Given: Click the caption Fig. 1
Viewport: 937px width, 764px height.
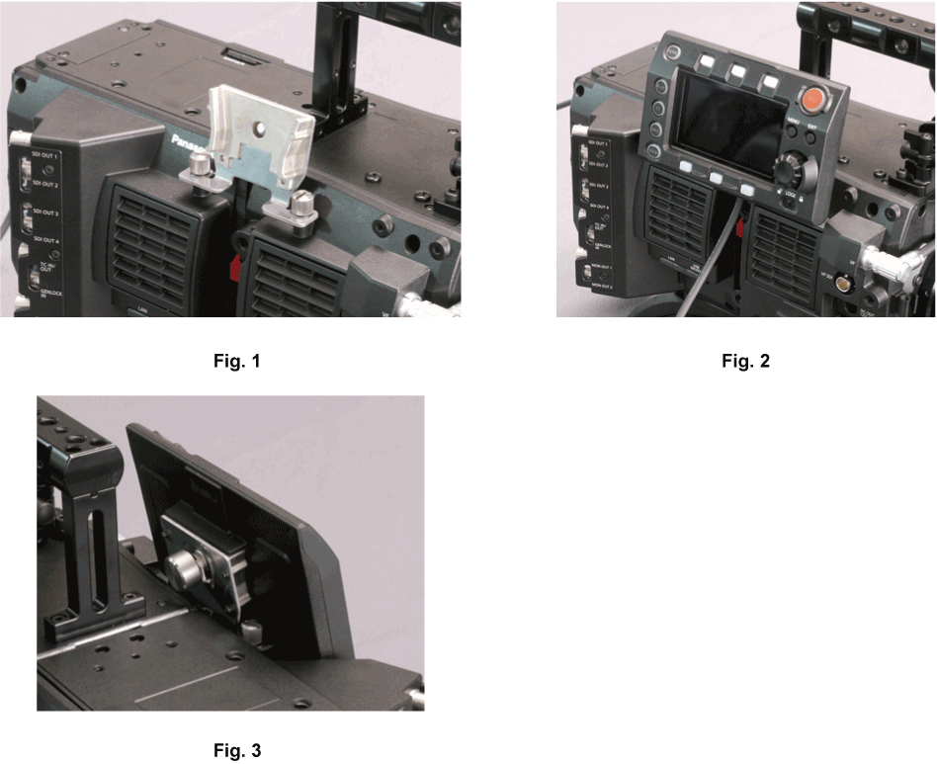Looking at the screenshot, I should tap(237, 361).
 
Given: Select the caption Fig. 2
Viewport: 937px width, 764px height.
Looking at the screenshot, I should tap(745, 361).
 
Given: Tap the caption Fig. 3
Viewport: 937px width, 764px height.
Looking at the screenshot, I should tap(237, 750).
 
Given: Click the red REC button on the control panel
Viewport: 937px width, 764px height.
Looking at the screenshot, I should tap(812, 100).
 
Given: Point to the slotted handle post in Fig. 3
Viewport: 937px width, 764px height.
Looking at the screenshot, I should tap(98, 553).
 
